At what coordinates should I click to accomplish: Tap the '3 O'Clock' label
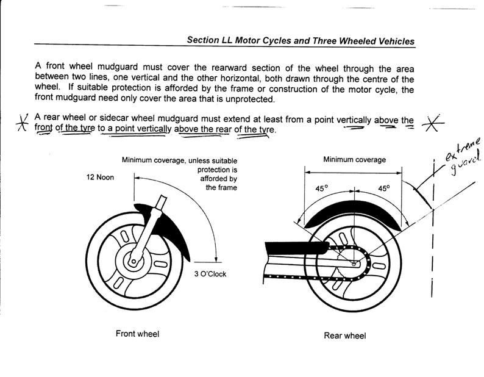click(210, 274)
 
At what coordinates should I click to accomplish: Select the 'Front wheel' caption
click(137, 334)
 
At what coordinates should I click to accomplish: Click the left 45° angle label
click(321, 188)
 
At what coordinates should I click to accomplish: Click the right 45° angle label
click(383, 188)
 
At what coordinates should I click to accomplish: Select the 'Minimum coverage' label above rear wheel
click(354, 160)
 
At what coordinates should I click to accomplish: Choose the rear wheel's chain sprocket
click(354, 263)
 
